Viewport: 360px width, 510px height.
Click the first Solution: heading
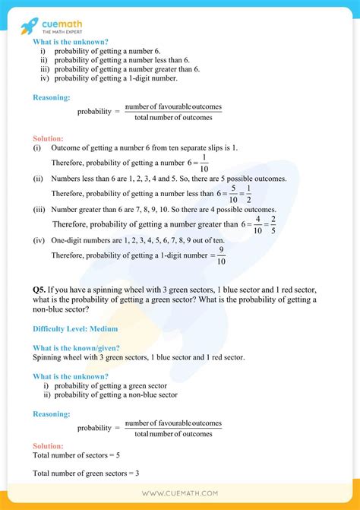click(x=49, y=138)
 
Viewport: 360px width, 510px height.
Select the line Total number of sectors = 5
click(x=77, y=455)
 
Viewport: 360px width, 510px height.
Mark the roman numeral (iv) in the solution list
click(x=39, y=240)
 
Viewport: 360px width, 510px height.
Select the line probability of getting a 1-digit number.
click(x=114, y=78)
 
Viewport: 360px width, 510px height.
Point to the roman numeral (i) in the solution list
click(x=37, y=149)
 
